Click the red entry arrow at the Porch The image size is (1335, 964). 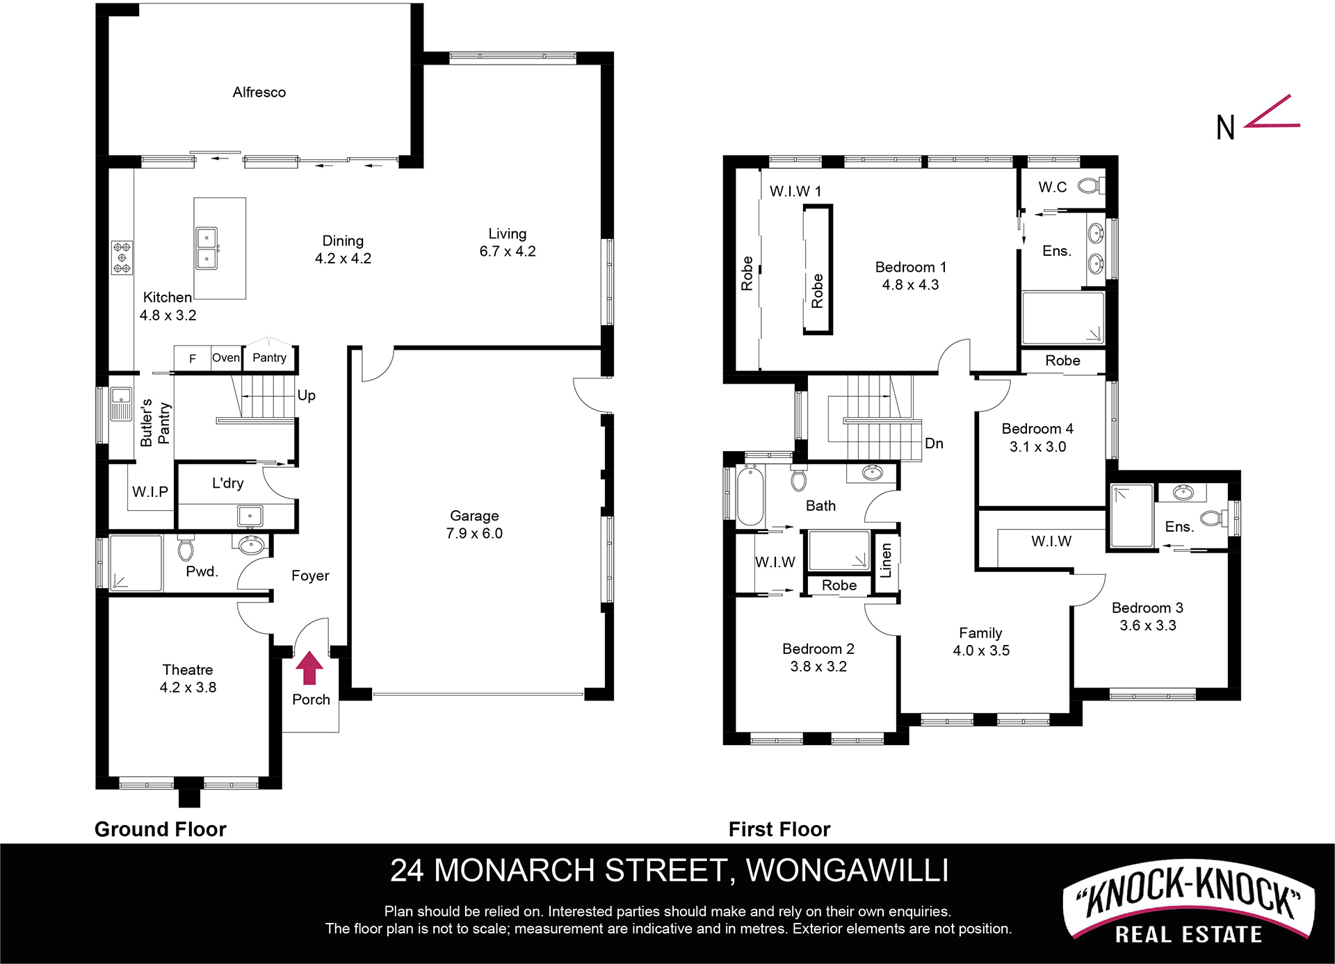click(x=309, y=668)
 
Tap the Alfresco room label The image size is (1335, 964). click(x=259, y=92)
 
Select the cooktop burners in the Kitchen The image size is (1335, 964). click(x=122, y=258)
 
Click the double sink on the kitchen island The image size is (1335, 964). click(x=207, y=248)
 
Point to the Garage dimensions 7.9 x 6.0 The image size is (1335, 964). click(x=474, y=533)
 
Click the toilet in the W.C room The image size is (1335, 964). click(x=1090, y=186)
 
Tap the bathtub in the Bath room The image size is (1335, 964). click(x=750, y=496)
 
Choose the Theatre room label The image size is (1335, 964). click(x=188, y=669)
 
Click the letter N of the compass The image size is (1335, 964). click(x=1225, y=128)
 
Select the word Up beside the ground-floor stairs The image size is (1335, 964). click(x=307, y=395)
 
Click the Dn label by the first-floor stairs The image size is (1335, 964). click(x=934, y=443)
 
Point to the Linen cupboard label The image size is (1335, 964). click(x=886, y=560)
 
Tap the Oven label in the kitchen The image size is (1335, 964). click(x=226, y=358)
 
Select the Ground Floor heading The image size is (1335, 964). click(x=161, y=829)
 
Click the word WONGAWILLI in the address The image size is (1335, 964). click(x=847, y=870)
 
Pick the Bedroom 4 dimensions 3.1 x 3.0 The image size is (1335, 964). click(x=1037, y=447)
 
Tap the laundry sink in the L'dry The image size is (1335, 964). click(x=250, y=516)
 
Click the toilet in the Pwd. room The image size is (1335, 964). click(x=186, y=548)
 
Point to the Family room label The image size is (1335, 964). click(x=980, y=633)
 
